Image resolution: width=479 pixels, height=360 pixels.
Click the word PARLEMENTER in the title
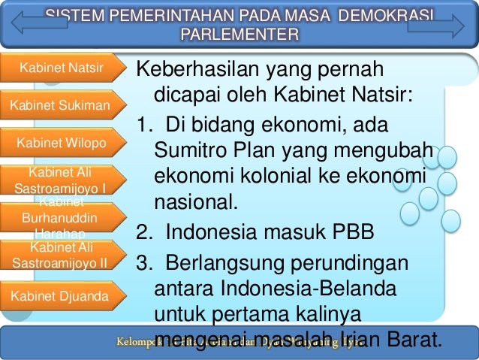coord(239,35)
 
